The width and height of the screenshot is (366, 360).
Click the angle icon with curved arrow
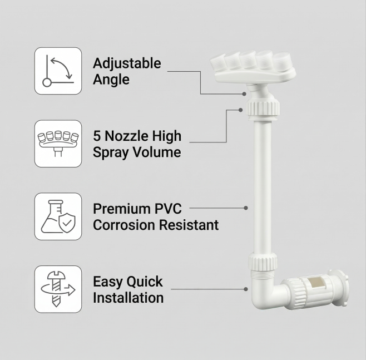[58, 71]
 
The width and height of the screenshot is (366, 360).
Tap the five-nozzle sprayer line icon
[58, 143]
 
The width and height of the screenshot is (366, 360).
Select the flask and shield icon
[58, 216]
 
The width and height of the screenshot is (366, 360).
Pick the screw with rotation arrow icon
[58, 289]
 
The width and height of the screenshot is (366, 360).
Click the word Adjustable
[127, 64]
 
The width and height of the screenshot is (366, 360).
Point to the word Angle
[111, 80]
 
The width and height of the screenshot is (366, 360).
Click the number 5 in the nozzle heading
[96, 136]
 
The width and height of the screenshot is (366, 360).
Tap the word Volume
[157, 152]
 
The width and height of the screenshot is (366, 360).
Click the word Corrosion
[124, 225]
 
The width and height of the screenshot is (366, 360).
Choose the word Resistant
[189, 225]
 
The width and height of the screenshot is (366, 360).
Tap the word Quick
[145, 282]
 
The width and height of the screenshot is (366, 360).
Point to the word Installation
[128, 298]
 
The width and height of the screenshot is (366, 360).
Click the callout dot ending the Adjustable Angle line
[244, 94]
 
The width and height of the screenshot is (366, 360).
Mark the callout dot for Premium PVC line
[245, 208]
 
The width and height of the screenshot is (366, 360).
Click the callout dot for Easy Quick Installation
[245, 289]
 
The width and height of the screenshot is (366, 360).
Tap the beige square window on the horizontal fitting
[315, 283]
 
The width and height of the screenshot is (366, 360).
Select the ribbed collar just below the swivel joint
[263, 108]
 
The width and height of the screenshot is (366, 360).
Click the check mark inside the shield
[67, 224]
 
